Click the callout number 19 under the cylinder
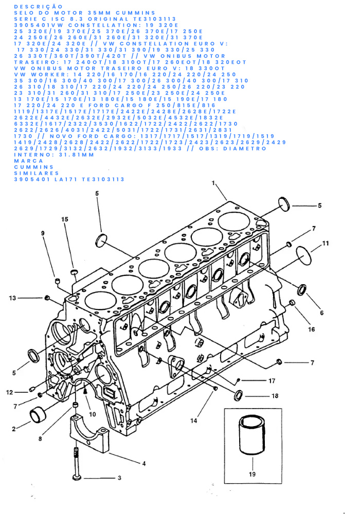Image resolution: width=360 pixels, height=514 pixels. tap(252, 474)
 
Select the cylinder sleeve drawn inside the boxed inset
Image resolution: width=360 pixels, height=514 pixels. tap(252, 435)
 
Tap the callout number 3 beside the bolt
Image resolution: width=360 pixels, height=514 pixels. tap(119, 478)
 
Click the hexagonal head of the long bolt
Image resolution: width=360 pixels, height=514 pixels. tap(77, 478)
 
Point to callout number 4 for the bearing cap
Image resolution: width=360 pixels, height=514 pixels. tap(143, 464)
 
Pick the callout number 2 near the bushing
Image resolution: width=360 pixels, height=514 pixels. tap(14, 429)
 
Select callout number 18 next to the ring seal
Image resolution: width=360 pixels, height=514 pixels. tap(275, 396)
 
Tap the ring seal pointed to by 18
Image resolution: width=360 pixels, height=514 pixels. tap(238, 395)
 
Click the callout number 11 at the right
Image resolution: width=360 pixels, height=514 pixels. tap(325, 243)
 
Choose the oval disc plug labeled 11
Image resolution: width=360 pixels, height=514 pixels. tap(304, 255)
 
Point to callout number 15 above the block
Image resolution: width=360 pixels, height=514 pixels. tap(65, 219)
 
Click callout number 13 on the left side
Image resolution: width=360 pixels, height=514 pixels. tap(12, 298)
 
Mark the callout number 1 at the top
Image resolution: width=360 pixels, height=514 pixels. tap(213, 183)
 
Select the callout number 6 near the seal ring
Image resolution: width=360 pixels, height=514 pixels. tap(321, 313)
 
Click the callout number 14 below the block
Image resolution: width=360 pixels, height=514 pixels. tap(194, 420)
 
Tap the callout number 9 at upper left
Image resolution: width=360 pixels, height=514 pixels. tap(43, 233)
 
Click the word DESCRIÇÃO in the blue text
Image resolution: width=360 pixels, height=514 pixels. tap(39, 7)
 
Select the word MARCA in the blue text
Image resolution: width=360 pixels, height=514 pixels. tap(28, 161)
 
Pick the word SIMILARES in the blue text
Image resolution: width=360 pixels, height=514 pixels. tap(37, 173)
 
